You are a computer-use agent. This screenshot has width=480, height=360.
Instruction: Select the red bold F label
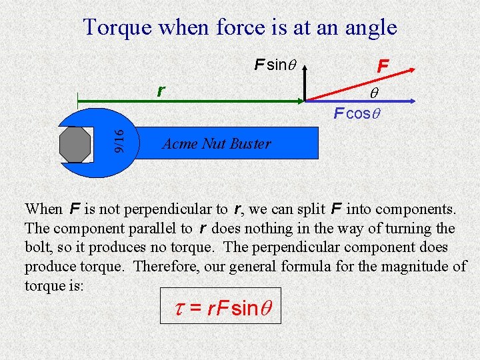click(382, 66)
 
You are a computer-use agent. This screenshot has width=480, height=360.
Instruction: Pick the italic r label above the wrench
click(161, 90)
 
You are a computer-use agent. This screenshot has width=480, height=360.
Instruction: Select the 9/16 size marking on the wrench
click(117, 141)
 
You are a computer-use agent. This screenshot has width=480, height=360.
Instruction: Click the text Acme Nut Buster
click(216, 143)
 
